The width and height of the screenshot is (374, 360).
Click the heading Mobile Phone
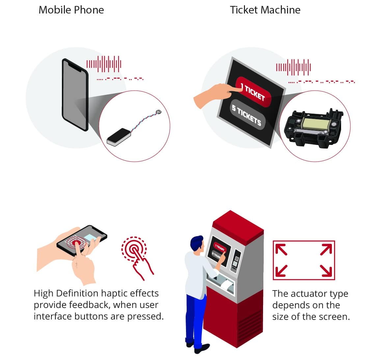[71, 10]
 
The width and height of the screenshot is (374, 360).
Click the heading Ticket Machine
[265, 10]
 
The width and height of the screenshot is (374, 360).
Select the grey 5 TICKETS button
[247, 115]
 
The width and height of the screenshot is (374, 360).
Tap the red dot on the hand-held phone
[76, 243]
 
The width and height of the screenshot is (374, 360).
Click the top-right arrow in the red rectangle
[326, 249]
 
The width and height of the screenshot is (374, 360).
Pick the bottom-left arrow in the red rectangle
[281, 271]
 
